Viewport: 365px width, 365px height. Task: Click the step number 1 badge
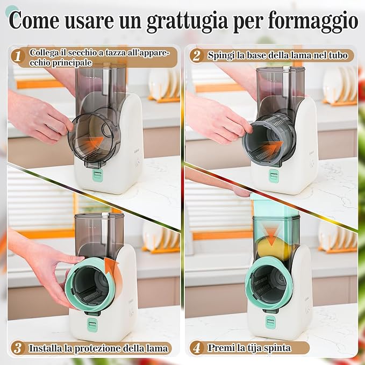[18, 56]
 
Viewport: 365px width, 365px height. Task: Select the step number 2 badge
[196, 55]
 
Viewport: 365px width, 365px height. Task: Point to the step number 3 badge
[18, 348]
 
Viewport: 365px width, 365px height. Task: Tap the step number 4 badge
[197, 348]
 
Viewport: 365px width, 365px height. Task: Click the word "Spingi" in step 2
[221, 55]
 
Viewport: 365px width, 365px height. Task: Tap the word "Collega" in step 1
[44, 53]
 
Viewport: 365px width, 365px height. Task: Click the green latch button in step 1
[97, 175]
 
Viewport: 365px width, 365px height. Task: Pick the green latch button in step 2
[274, 176]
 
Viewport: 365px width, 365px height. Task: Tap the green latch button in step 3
[91, 324]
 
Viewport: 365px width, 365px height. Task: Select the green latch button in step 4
[270, 323]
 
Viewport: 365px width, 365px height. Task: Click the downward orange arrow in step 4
[271, 236]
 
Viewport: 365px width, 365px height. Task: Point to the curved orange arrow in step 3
[114, 276]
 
